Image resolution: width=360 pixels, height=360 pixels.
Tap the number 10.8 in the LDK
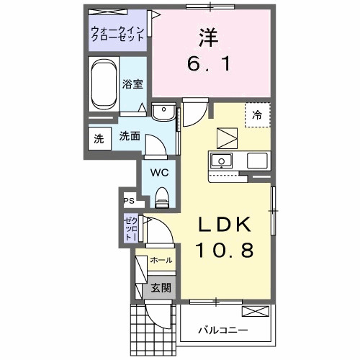tap(224, 251)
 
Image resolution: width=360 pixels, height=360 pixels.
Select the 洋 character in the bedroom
tap(207, 34)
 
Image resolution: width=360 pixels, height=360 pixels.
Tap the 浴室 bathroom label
tap(132, 84)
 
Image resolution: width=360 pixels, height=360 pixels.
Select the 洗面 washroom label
tap(130, 136)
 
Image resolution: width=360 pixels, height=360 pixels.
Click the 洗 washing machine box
tap(98, 139)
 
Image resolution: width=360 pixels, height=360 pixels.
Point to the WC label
tap(159, 172)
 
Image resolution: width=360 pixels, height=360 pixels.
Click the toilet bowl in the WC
tap(161, 194)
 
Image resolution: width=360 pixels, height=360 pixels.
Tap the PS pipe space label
tap(129, 201)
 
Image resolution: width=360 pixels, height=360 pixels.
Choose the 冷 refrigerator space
tap(257, 114)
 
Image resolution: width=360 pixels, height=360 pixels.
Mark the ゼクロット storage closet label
tap(130, 228)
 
